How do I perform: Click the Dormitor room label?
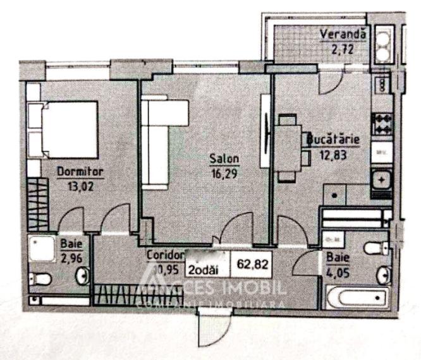pos(80,171)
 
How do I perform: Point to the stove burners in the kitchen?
pos(382,122)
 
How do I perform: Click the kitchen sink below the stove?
pos(382,179)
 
